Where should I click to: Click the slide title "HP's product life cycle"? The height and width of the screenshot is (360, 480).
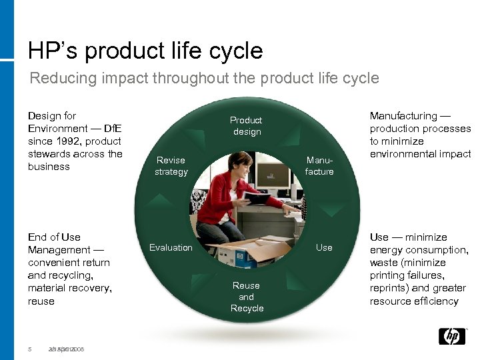pyautogui.click(x=145, y=51)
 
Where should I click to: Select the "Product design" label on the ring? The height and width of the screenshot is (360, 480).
pyautogui.click(x=246, y=125)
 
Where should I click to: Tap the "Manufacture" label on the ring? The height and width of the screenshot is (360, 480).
pyautogui.click(x=319, y=165)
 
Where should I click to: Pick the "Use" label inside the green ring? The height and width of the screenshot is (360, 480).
pyautogui.click(x=324, y=247)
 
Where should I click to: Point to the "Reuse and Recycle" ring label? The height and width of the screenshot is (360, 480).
pyautogui.click(x=247, y=297)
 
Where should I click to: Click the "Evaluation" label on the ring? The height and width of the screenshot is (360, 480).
pyautogui.click(x=171, y=247)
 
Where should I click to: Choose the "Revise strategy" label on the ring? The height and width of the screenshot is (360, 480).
pyautogui.click(x=171, y=165)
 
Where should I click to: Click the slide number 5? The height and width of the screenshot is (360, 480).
pyautogui.click(x=30, y=349)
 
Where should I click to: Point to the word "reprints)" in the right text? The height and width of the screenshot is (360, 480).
pyautogui.click(x=390, y=288)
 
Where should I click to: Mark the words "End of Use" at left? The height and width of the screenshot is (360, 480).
pyautogui.click(x=54, y=237)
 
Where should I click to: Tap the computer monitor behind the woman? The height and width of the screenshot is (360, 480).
pyautogui.click(x=273, y=177)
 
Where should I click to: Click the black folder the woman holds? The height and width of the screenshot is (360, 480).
pyautogui.click(x=257, y=198)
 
